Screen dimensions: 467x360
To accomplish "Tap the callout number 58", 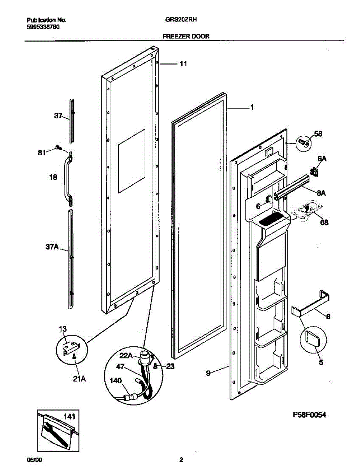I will click(318, 134).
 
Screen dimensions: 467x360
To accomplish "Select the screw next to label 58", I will click(303, 143).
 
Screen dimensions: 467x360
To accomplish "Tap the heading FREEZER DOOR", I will click(186, 36).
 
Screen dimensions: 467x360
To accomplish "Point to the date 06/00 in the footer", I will click(34, 460).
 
